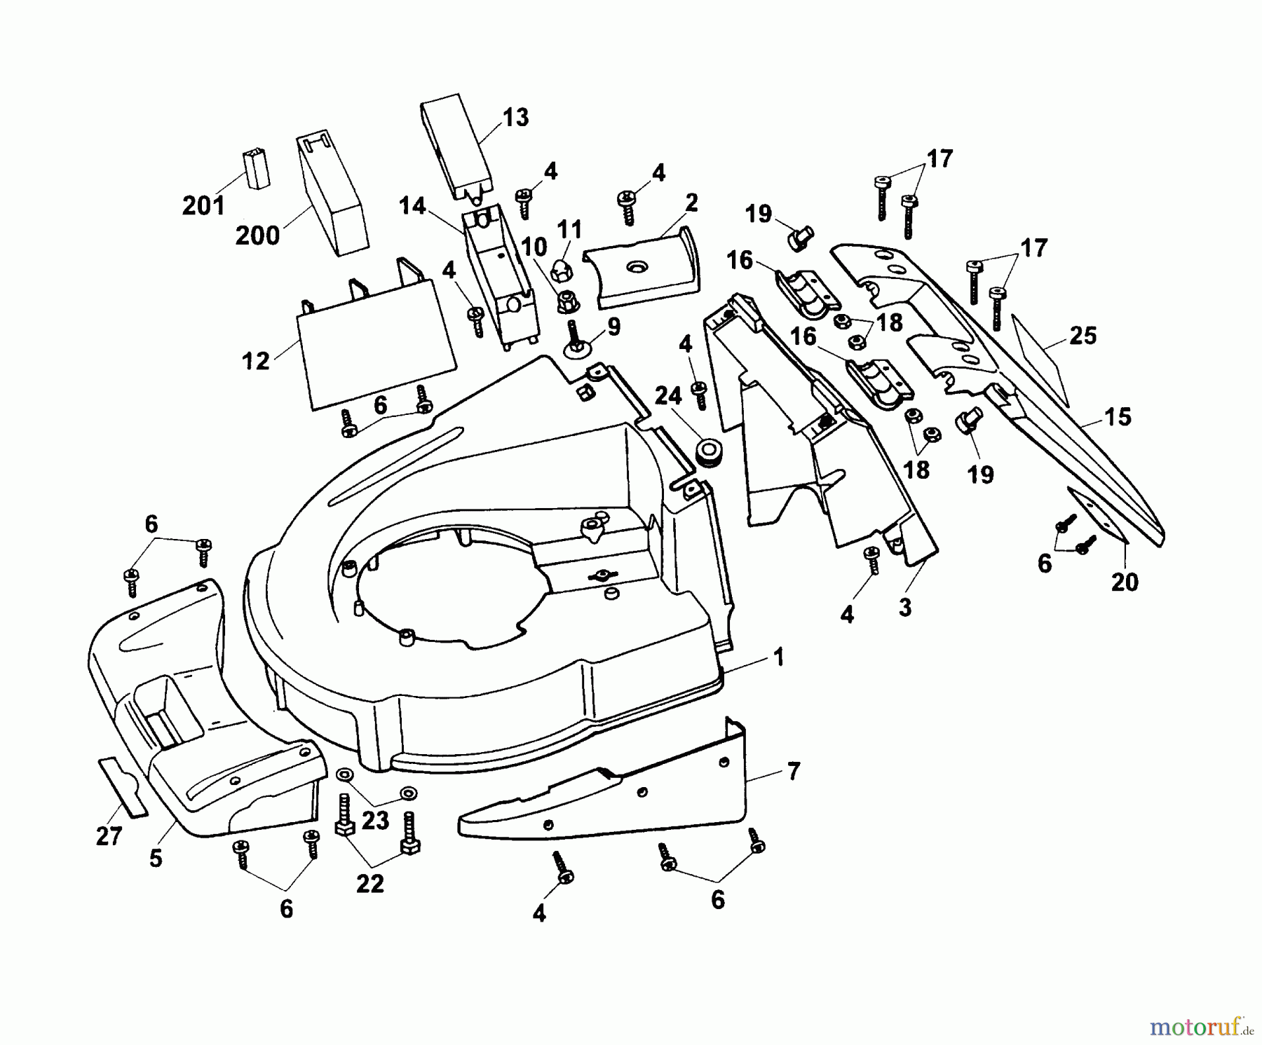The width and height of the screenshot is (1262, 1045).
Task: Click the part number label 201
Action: tap(203, 206)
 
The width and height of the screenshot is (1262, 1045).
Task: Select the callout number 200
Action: tap(257, 235)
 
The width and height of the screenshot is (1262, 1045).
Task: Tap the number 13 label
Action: tap(515, 117)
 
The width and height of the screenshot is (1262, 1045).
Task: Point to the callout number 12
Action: tap(255, 361)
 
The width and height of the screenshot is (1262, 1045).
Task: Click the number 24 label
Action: tap(667, 397)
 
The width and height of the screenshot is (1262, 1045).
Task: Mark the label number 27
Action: tap(109, 835)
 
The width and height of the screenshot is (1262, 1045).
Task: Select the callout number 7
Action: tap(792, 771)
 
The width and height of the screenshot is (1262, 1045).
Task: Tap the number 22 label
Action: tap(369, 884)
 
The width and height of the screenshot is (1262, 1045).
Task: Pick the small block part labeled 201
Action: tap(256, 168)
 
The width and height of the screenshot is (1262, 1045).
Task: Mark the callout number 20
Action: tap(1125, 582)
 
